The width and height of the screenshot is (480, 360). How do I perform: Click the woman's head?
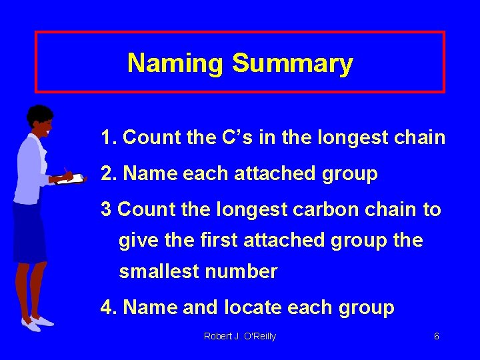point(40,119)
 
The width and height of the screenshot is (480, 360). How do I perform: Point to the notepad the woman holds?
point(70,179)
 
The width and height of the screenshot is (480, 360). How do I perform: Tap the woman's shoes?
point(37,323)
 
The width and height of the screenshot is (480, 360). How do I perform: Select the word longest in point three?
point(251,209)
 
